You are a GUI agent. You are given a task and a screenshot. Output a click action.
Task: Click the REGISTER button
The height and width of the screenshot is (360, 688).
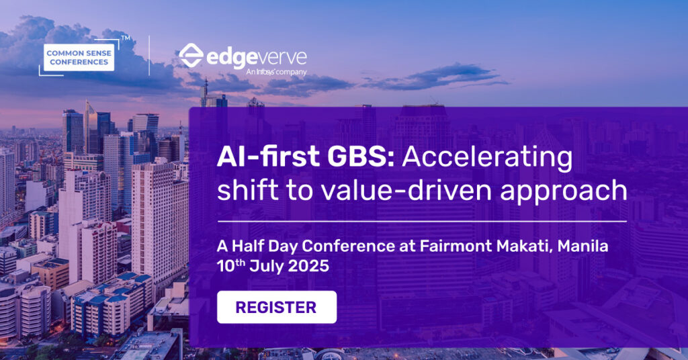pos(277,307)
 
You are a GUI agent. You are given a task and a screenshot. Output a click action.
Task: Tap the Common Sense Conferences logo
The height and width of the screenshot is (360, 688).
pos(79,58)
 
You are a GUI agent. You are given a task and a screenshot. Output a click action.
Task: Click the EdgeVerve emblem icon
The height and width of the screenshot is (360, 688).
pos(191,55)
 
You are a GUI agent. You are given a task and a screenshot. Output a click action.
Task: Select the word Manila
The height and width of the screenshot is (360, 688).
pos(583,246)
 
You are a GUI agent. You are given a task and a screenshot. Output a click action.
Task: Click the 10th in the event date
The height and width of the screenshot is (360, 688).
pos(231,266)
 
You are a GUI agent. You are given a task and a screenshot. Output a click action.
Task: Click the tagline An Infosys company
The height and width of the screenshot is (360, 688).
pos(276,71)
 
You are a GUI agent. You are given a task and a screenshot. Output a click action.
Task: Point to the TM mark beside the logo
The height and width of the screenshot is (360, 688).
pos(126,38)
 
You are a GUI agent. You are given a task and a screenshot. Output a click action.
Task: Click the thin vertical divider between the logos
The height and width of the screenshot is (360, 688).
pos(149,56)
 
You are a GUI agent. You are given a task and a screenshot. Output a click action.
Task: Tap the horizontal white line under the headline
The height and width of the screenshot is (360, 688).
pos(422,222)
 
